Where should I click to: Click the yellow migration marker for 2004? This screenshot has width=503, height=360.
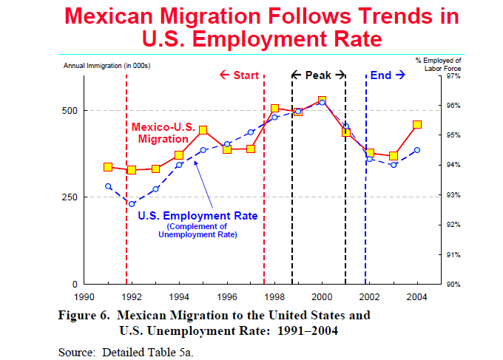coord(417,125)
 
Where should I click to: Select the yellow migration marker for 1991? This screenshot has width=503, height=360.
coord(108,168)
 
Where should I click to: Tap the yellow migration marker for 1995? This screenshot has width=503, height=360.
coord(203,130)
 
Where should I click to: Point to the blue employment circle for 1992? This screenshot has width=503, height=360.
coord(132,204)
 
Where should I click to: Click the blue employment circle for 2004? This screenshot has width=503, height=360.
coord(417,150)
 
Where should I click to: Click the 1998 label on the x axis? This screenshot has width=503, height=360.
coord(274,296)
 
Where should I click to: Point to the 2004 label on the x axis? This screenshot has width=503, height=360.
coord(417,296)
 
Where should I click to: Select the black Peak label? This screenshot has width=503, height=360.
coord(318,75)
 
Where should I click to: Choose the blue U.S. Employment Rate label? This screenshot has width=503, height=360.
coord(198,216)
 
